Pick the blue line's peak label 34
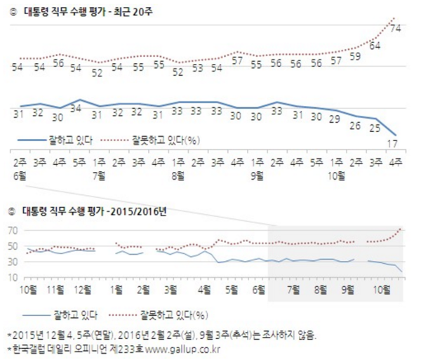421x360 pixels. coord(78,109)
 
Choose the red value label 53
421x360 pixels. coord(197,68)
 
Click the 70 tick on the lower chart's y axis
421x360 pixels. coord(12,231)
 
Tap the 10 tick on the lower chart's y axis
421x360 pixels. coord(12,278)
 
